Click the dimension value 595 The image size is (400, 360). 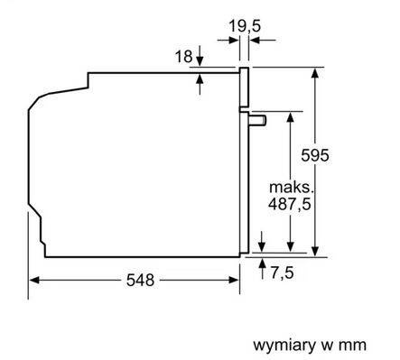point(340,155)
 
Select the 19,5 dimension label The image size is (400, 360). point(243,26)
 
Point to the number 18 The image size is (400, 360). point(183,57)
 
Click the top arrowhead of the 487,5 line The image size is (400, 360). point(289,117)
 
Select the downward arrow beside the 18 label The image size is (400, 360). point(200,62)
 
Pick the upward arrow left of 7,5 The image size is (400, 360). point(262,264)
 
